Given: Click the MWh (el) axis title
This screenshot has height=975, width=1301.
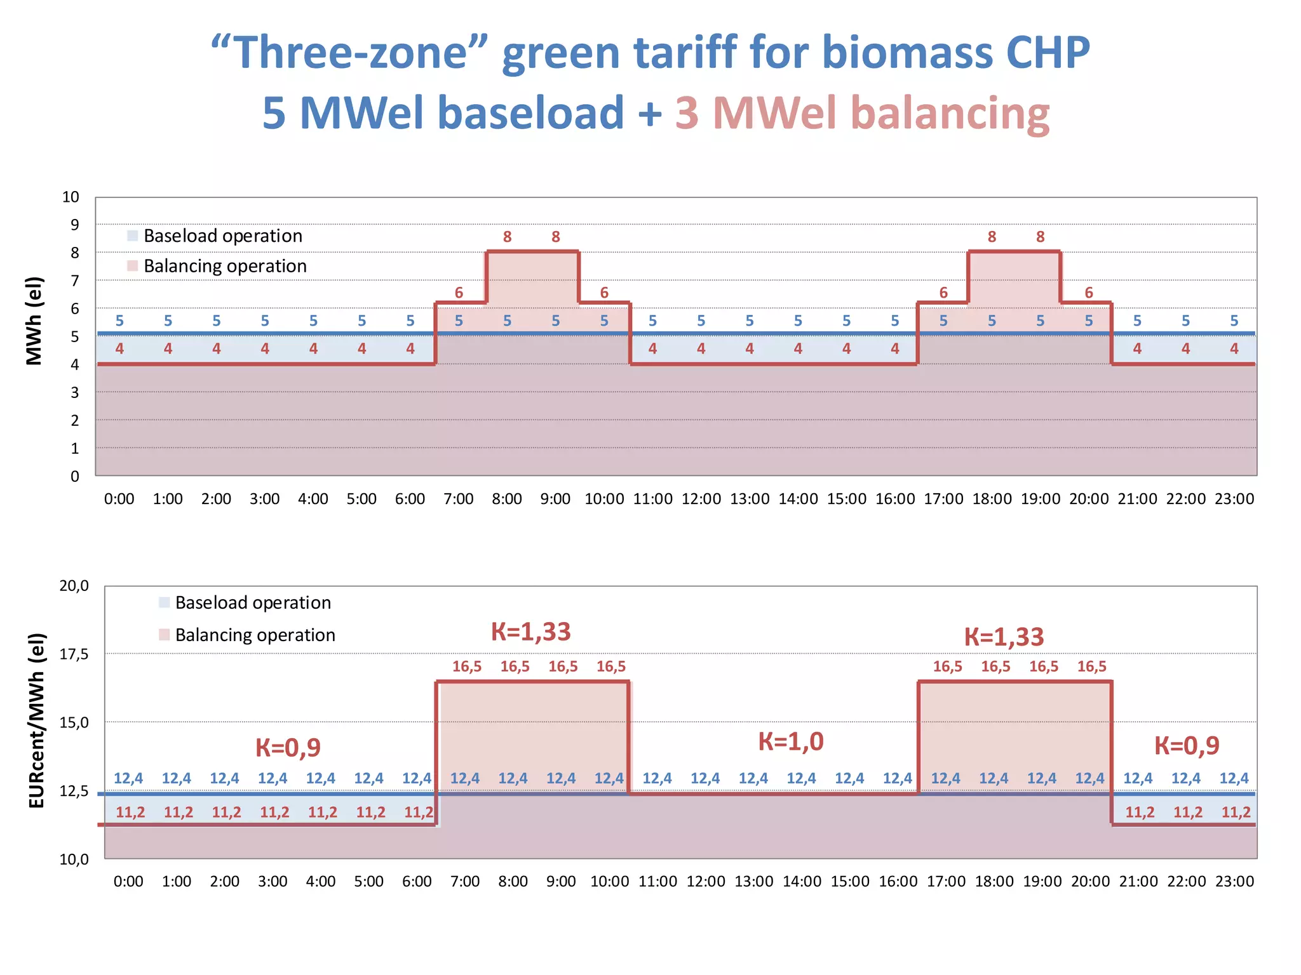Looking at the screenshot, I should pos(34,321).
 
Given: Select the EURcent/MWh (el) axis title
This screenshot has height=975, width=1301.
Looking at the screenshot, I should pos(37,720).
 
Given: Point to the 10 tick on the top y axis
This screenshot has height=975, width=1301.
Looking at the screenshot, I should pos(71,197).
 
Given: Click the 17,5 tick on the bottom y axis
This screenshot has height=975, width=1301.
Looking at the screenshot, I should pos(74,654).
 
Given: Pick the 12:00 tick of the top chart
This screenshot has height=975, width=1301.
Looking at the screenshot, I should pos(701,499).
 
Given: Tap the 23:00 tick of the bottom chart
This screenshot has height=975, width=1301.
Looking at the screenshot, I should pos(1234,881).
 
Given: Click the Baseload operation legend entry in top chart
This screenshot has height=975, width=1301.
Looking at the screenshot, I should pos(222,235).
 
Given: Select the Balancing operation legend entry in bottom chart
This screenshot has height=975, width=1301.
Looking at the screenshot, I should pos(254,635).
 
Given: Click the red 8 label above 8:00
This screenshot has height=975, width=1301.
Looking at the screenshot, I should pos(507,237).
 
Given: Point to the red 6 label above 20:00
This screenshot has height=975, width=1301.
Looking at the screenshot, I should pos(1089,293).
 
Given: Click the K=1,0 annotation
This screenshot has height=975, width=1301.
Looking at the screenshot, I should pos(791,741).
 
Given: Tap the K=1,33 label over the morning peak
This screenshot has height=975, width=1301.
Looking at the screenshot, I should pos(531,632).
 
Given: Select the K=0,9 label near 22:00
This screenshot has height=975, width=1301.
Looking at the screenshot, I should pos(1187,745).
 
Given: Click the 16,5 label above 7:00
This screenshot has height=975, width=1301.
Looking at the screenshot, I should pos(467,667).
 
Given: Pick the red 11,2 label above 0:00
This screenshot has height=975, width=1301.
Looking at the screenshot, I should pos(130,812).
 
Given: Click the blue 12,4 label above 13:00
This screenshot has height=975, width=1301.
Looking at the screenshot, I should pos(753,778).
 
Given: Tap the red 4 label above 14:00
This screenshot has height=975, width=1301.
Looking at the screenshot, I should pos(798,348).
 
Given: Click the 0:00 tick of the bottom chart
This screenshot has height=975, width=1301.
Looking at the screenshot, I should pos(128,881).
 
